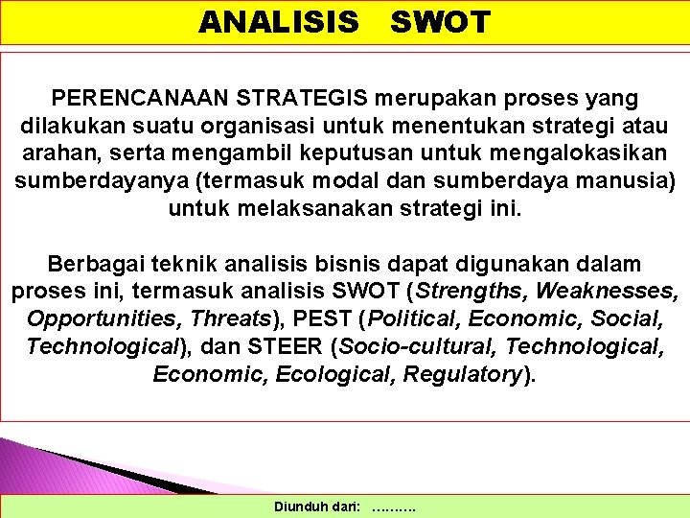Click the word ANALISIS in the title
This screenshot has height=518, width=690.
coord(278,22)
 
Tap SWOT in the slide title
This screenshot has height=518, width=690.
coord(440,22)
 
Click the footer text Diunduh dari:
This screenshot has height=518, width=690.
coord(317,506)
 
